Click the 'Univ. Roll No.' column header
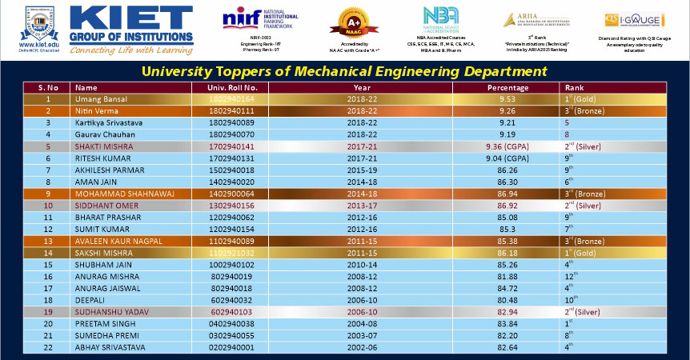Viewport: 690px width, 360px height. click(x=232, y=87)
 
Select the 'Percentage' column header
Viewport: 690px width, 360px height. click(x=507, y=87)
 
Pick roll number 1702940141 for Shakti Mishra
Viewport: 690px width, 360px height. click(x=232, y=147)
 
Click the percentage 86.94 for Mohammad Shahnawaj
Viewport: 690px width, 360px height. click(x=507, y=193)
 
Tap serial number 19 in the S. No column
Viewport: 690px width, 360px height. click(x=48, y=312)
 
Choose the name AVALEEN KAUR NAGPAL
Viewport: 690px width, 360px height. click(x=118, y=240)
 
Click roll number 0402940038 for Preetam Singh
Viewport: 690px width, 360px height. click(x=232, y=324)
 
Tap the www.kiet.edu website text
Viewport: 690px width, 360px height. click(x=33, y=45)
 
